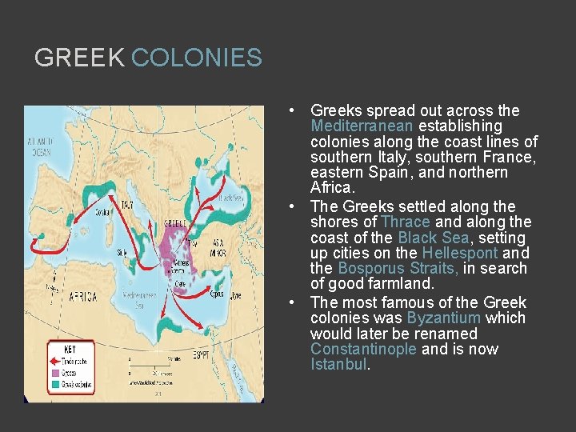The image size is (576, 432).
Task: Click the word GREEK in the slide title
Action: (79, 58)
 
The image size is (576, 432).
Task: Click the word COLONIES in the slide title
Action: (196, 58)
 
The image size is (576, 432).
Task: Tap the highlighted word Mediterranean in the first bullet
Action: (362, 126)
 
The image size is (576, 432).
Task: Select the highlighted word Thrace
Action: (406, 222)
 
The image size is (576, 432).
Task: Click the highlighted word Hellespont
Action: (459, 253)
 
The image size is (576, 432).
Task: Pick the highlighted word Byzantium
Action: (444, 318)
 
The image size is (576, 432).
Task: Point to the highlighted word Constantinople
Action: (364, 349)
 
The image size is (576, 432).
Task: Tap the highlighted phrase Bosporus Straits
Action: (398, 268)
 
